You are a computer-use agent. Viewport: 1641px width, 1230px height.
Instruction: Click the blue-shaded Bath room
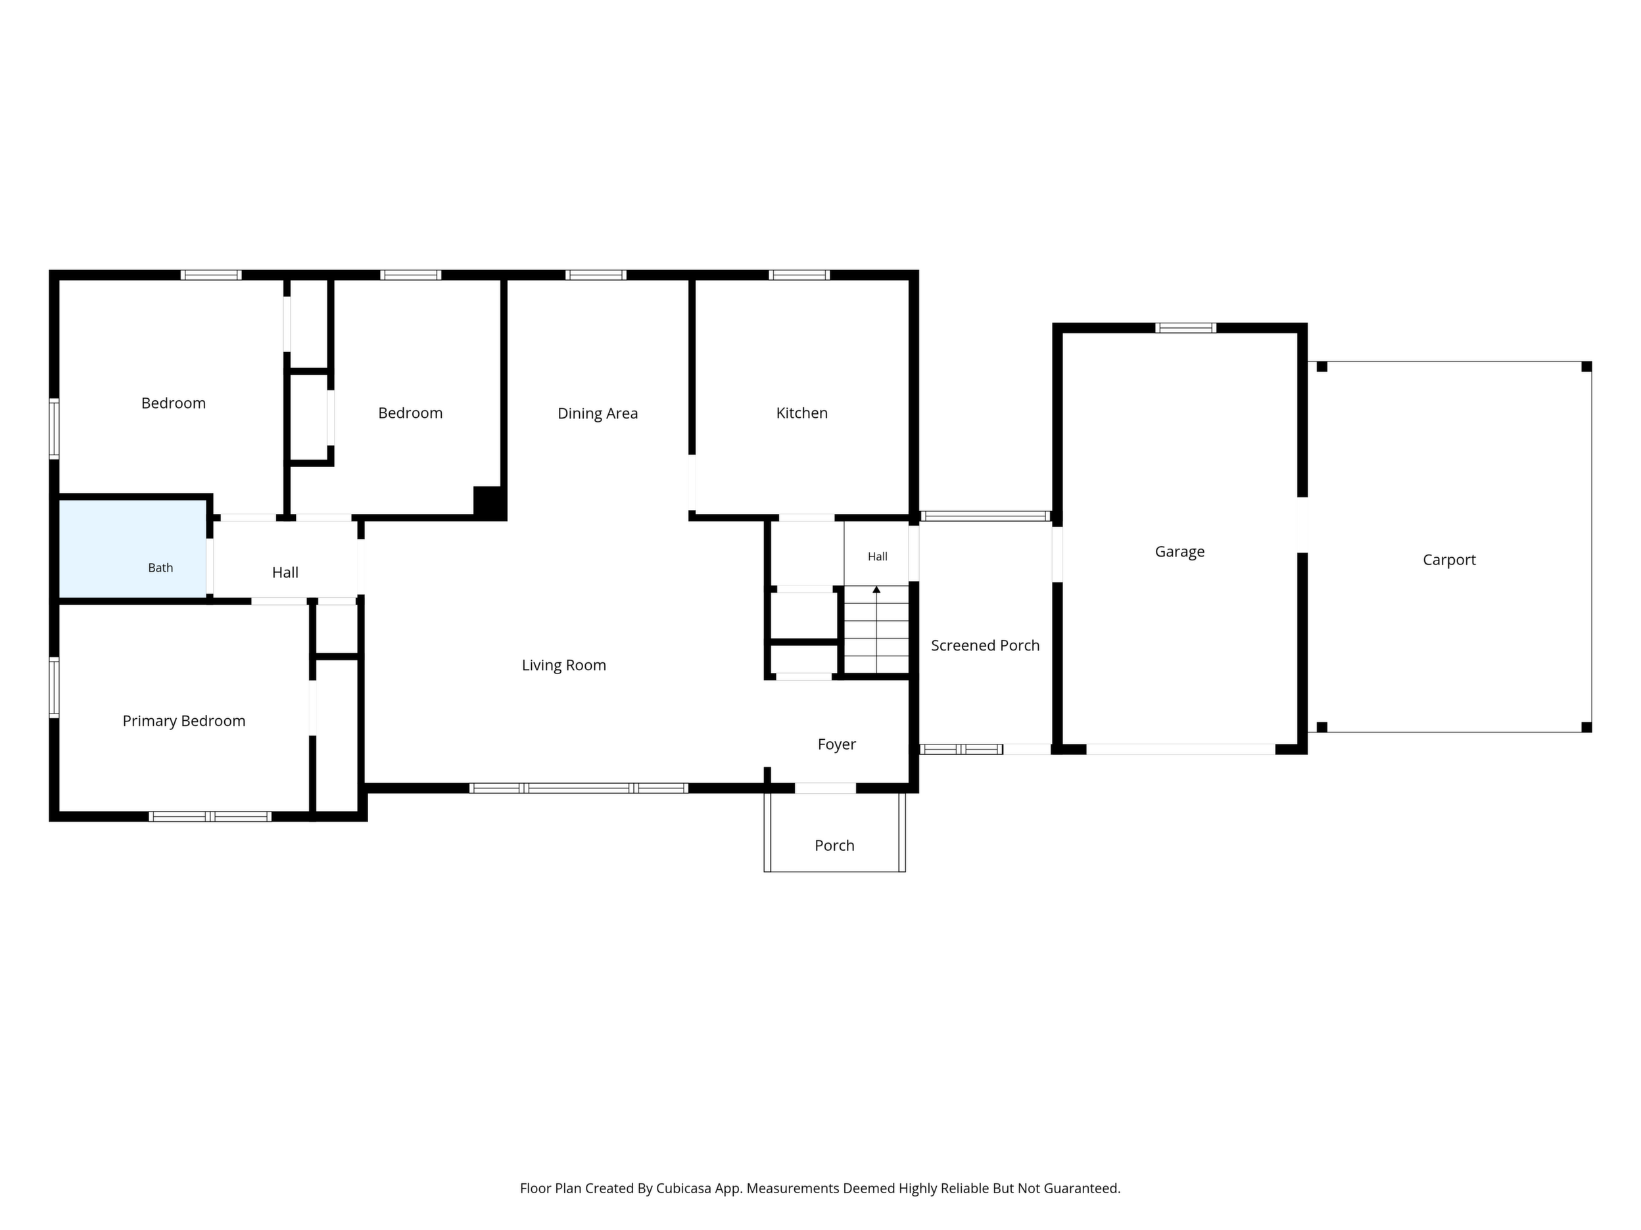click(x=133, y=549)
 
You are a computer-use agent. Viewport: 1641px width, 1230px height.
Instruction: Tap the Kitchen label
click(x=802, y=413)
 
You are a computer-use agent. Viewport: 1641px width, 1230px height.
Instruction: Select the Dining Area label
click(x=598, y=414)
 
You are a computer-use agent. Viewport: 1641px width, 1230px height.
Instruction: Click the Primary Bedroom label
click(x=184, y=721)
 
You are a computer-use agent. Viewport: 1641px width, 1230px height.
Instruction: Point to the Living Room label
click(x=564, y=666)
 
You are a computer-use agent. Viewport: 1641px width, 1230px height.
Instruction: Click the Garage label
click(x=1179, y=552)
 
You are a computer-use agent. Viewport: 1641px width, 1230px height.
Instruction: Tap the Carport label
click(x=1449, y=560)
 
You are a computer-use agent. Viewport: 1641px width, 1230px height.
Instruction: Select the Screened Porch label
click(x=986, y=646)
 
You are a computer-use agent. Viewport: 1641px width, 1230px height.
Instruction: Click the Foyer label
click(x=837, y=744)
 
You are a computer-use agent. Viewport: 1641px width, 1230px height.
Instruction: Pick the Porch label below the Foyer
click(x=834, y=846)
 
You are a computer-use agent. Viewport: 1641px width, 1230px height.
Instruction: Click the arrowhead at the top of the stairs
click(x=876, y=589)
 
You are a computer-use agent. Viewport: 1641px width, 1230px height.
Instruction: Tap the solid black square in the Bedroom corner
click(x=489, y=502)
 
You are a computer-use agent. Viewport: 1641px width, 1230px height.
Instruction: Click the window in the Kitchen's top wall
click(x=799, y=275)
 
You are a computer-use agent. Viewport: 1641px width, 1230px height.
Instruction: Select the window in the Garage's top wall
click(x=1185, y=328)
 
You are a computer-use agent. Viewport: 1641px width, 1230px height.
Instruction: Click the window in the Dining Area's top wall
click(x=596, y=275)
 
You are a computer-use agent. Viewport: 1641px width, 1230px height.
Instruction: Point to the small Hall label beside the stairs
click(x=878, y=557)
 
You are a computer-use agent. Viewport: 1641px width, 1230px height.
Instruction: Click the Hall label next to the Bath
click(x=285, y=572)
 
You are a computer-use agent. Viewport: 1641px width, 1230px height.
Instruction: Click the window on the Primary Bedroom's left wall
click(x=54, y=687)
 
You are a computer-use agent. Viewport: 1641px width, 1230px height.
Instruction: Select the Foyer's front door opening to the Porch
click(x=826, y=788)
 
